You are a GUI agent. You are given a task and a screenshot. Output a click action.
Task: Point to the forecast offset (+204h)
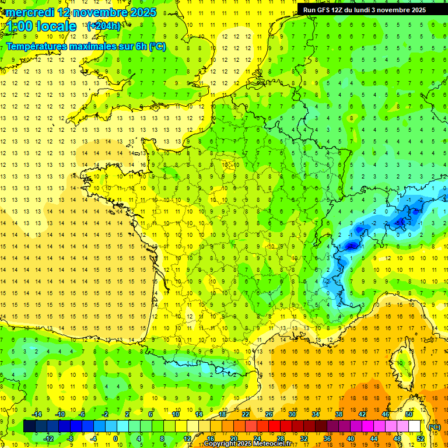click(104, 26)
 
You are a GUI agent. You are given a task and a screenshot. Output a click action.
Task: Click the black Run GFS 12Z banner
click(364, 10)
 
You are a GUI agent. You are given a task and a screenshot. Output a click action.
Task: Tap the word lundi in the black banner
click(360, 10)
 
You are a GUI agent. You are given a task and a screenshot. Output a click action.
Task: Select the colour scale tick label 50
click(409, 414)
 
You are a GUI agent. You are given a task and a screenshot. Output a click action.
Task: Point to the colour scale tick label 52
click(421, 439)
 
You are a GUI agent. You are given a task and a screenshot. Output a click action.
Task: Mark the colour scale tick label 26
click(269, 414)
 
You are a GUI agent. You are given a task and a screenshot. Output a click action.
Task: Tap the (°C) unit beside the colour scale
click(435, 427)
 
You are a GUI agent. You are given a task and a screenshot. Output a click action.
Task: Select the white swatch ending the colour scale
click(415, 426)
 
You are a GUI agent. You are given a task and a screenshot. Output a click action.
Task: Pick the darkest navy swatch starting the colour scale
click(29, 426)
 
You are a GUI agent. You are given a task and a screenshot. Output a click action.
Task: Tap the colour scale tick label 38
click(339, 414)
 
